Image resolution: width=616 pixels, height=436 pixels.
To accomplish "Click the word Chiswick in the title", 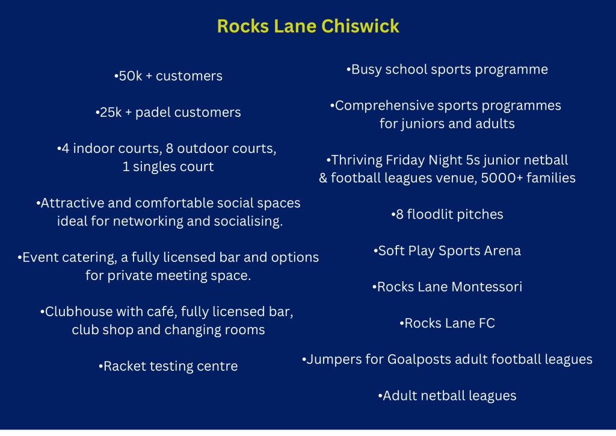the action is (x=360, y=26).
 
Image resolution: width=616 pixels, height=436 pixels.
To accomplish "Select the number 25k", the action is (x=111, y=113).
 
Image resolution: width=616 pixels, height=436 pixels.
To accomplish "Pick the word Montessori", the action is (x=487, y=287).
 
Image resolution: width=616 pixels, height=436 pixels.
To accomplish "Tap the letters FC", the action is (x=487, y=323).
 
